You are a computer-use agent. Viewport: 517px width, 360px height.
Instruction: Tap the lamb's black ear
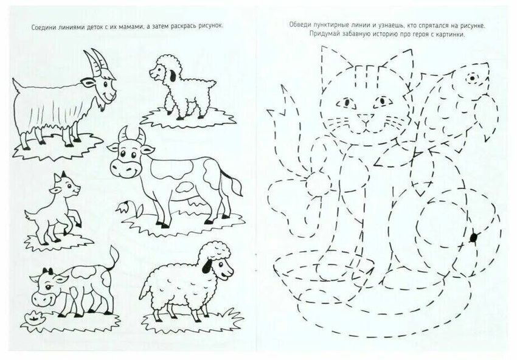pos(173,77)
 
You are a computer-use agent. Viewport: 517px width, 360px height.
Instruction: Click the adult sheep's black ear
pos(207,266)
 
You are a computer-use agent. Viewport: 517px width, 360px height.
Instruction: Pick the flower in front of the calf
pos(34,317)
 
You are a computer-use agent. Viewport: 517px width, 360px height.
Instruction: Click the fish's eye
pos(472,78)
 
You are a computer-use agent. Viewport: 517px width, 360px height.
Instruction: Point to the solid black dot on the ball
pos(474,237)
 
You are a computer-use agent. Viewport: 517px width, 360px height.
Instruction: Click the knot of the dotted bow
pos(317,184)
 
